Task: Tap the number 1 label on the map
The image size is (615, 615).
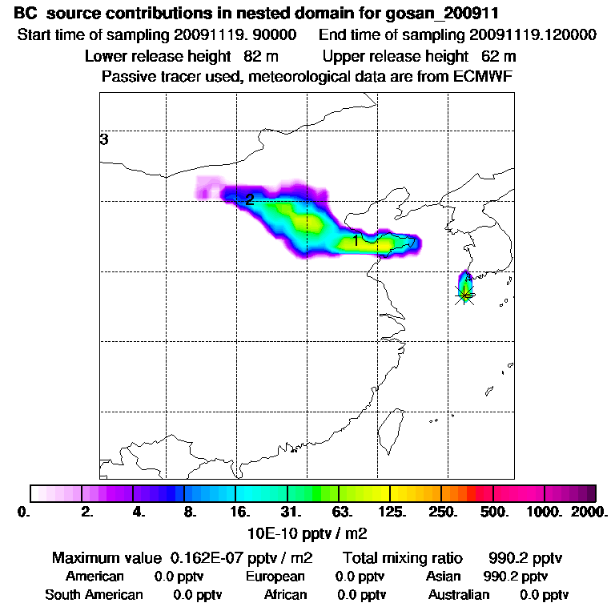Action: [356, 239]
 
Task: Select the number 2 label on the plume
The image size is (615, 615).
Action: [250, 199]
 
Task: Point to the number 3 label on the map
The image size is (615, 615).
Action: [104, 140]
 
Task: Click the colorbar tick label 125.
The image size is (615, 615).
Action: [392, 510]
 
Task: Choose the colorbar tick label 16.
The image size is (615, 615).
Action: [239, 510]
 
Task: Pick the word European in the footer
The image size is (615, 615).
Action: [275, 577]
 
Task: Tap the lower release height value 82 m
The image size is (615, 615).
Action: [255, 57]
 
